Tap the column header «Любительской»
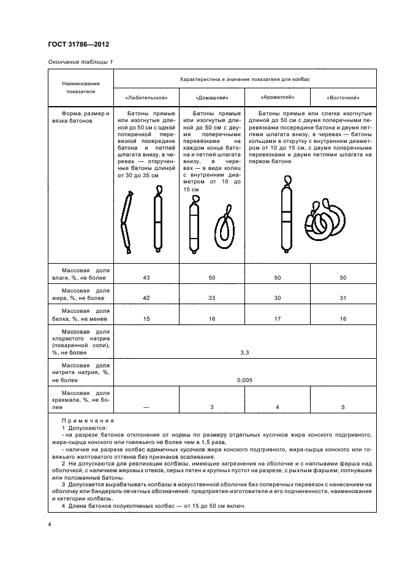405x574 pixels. [x=146, y=98]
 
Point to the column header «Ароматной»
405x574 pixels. [x=277, y=97]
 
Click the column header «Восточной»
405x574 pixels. [x=343, y=98]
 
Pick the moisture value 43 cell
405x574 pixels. [x=146, y=278]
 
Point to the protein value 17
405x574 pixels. [x=277, y=318]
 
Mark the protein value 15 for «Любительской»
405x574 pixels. [x=146, y=318]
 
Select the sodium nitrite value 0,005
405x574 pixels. [x=244, y=380]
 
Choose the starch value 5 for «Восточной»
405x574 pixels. [x=343, y=407]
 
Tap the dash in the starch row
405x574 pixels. [x=146, y=407]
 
